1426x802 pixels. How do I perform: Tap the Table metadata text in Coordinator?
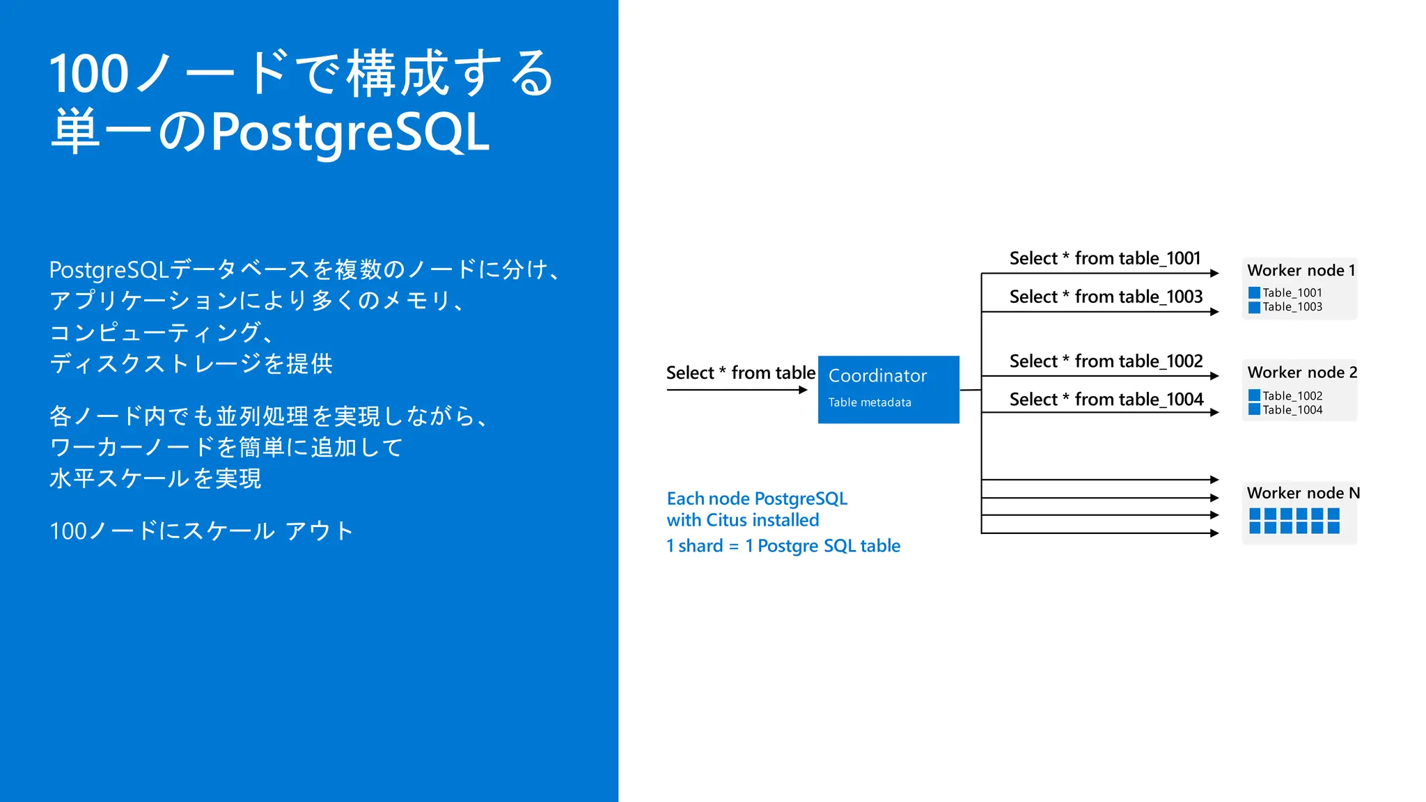[870, 402]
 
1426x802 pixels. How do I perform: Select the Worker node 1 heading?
[1301, 270]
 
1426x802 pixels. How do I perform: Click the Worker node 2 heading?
[1301, 372]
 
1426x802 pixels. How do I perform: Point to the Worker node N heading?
[1302, 493]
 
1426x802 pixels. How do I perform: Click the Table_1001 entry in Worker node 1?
[1292, 293]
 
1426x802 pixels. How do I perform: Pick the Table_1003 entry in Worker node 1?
[1292, 307]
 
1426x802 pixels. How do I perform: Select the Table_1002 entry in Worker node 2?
[1292, 396]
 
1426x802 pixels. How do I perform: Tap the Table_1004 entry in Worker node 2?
[1292, 410]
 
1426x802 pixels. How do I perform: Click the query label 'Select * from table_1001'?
[1105, 258]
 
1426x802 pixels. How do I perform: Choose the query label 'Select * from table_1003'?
[1106, 297]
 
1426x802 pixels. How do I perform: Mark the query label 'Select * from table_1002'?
[1106, 361]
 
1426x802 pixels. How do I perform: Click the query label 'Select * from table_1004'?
[1106, 400]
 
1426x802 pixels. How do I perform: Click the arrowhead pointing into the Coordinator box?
[803, 390]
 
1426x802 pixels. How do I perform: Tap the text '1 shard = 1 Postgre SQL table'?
[783, 546]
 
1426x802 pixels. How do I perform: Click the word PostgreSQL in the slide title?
[350, 132]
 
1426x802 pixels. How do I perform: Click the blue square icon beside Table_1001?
[1254, 293]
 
